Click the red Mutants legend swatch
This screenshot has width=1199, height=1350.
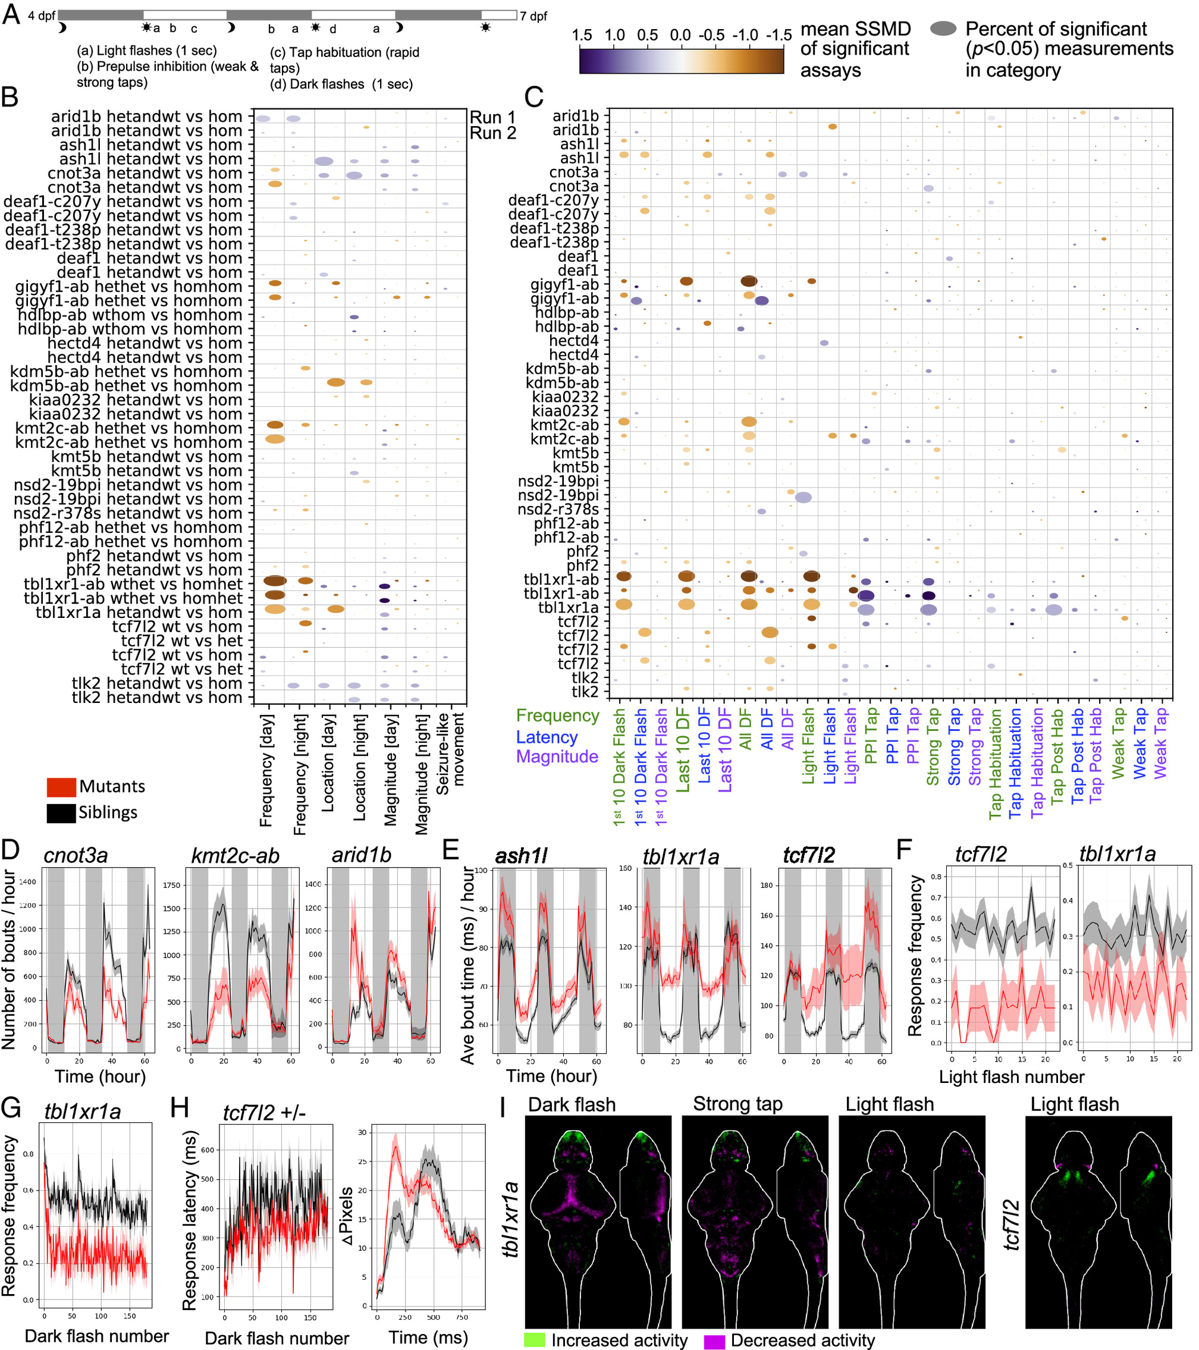coord(61,787)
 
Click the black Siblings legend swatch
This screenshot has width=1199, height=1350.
coord(61,812)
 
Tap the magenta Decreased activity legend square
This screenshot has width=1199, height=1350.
coord(714,1339)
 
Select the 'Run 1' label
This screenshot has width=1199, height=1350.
coord(492,117)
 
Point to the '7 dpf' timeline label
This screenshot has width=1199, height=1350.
coord(533,16)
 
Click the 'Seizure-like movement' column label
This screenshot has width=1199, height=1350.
coord(451,749)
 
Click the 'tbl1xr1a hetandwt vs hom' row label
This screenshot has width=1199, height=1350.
coord(139,612)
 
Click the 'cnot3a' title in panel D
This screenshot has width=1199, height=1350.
coord(76,855)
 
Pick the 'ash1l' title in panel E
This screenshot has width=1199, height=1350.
coord(521,856)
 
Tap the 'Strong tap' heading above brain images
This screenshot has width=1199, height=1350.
coord(737,1104)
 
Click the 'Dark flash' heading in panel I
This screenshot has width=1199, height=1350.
coord(572,1104)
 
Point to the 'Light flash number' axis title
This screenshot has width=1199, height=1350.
coord(1012,1077)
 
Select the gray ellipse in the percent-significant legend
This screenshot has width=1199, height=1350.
coord(943,29)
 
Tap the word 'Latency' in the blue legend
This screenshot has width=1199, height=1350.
coord(547,737)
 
